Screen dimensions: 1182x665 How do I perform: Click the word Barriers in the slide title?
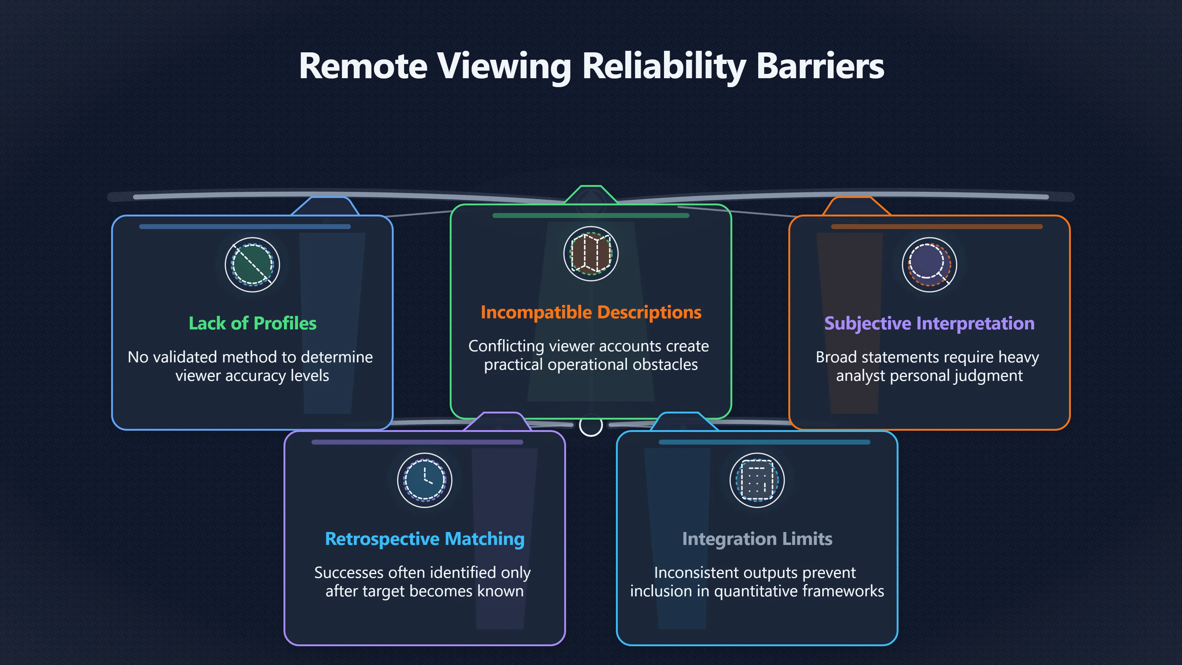(x=820, y=66)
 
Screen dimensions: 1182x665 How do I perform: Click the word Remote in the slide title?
(x=363, y=66)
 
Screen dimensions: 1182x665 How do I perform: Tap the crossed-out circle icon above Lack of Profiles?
(x=252, y=265)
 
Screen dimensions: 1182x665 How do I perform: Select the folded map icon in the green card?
(x=591, y=254)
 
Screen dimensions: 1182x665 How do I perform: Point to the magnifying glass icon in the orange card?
(x=930, y=265)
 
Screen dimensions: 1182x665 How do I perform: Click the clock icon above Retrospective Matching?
(x=425, y=480)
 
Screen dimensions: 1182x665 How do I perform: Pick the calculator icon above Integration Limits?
(x=757, y=480)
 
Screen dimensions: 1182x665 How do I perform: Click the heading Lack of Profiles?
(x=252, y=323)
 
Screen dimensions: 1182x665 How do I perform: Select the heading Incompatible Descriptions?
(x=591, y=312)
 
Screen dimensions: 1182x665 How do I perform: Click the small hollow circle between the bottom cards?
(x=591, y=425)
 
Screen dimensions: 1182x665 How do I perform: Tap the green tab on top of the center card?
(x=591, y=195)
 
